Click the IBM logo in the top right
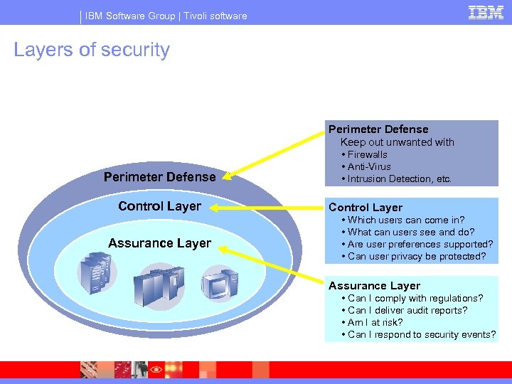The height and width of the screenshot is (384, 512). [486, 12]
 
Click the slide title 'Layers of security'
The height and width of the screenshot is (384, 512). [92, 50]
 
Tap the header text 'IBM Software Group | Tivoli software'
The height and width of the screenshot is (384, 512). [166, 16]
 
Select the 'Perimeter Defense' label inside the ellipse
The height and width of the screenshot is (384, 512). [159, 176]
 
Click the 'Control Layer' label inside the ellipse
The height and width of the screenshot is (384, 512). [159, 206]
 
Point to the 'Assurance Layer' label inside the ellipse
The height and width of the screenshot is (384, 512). [159, 243]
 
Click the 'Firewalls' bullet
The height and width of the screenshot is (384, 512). [367, 154]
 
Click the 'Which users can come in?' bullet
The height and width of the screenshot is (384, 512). [406, 220]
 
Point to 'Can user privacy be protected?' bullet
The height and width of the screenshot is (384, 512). [417, 256]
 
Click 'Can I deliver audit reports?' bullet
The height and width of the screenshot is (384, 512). [407, 310]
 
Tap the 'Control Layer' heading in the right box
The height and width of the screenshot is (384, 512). [366, 208]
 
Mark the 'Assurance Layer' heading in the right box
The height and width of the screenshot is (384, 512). [374, 286]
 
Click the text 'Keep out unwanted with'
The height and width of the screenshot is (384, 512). [397, 142]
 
